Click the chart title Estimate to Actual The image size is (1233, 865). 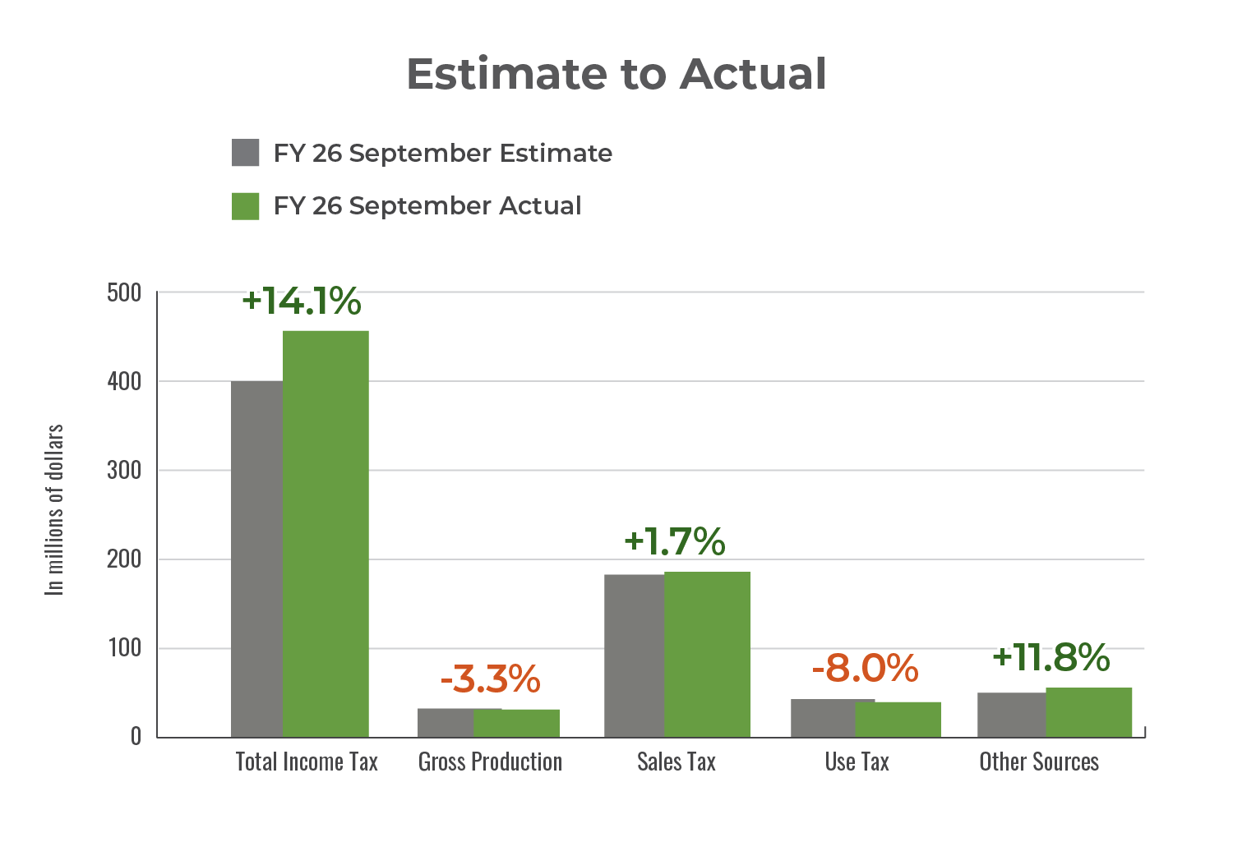point(616,74)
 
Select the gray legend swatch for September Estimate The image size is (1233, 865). point(246,153)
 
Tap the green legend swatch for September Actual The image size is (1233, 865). point(246,206)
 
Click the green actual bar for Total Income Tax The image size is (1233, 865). point(326,534)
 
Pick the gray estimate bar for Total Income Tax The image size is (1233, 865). point(256,559)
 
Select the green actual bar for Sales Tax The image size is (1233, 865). point(707,654)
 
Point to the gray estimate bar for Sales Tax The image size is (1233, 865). point(634,656)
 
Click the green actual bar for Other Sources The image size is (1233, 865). point(1088,712)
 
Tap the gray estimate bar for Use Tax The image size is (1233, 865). point(822,718)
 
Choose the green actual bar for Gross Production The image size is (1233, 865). point(516,723)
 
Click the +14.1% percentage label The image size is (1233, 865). point(302,301)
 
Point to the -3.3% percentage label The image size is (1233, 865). point(490,679)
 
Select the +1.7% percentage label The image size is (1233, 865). point(675,541)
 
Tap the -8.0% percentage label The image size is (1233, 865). point(865,669)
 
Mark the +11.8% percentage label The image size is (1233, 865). point(1051,657)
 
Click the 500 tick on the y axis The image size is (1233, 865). point(124,293)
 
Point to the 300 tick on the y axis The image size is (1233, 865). point(124,471)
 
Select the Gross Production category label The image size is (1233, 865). point(490,762)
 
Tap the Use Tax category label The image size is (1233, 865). point(857,762)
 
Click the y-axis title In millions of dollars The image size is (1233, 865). point(55,509)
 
